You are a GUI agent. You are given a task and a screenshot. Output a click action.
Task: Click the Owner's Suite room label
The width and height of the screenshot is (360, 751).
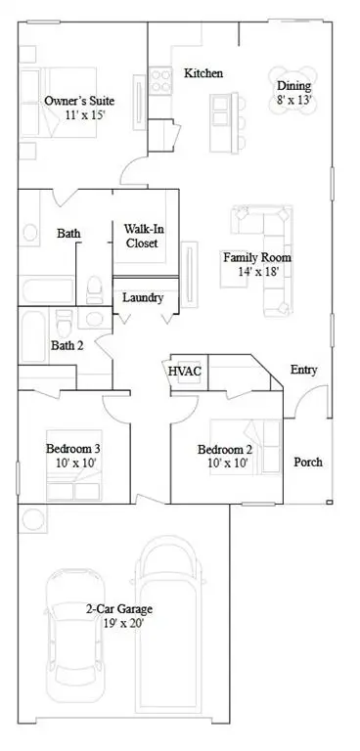[79, 101]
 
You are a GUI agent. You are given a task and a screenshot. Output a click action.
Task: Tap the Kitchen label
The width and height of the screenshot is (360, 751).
[203, 73]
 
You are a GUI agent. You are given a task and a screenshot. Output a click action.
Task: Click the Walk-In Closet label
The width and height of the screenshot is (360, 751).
[143, 236]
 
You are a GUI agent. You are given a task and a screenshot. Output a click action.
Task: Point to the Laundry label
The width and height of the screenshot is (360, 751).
[143, 297]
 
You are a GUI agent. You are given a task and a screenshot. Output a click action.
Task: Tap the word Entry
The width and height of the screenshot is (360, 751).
[303, 370]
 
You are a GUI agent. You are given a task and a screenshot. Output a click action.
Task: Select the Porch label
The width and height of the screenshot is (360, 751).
[308, 462]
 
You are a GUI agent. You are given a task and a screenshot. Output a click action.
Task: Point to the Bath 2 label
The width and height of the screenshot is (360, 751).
[67, 344]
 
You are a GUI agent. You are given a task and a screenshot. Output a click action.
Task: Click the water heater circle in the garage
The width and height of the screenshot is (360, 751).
[31, 518]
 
